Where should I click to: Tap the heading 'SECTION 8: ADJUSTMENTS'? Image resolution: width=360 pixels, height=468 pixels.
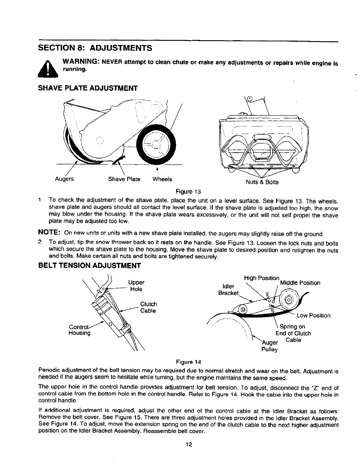[x=95, y=48]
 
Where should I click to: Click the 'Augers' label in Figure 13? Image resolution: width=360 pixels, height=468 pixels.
[x=64, y=179]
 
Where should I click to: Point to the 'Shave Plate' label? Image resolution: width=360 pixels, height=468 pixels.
[x=124, y=179]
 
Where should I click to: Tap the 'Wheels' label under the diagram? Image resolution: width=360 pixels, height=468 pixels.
[x=162, y=179]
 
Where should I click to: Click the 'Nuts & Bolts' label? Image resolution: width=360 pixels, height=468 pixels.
[x=262, y=182]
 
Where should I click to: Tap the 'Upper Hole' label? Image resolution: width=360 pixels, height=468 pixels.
[x=136, y=286]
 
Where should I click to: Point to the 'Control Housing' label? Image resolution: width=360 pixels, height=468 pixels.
[x=79, y=330]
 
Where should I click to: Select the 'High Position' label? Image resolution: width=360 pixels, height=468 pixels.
[x=261, y=278]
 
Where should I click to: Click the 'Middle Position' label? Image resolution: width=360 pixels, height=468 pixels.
[x=300, y=283]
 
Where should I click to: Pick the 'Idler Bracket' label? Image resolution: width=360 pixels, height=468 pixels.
[x=228, y=290]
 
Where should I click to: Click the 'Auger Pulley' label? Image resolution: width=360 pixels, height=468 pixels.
[x=270, y=346]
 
